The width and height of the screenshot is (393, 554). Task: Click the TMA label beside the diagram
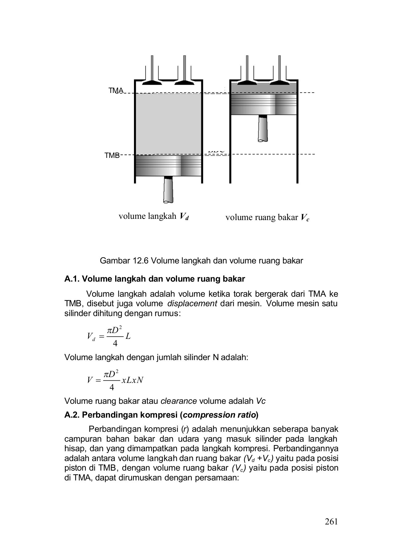pyautogui.click(x=116, y=90)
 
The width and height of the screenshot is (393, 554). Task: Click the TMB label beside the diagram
pyautogui.click(x=112, y=155)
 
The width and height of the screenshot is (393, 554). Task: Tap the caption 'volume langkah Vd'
pyautogui.click(x=153, y=216)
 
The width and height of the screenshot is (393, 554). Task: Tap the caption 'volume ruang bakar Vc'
pyautogui.click(x=267, y=218)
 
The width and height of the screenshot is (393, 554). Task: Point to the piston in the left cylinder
pyautogui.click(x=168, y=166)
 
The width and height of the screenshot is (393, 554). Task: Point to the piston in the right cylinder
pyautogui.click(x=264, y=104)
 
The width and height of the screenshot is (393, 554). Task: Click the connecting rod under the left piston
pyautogui.click(x=168, y=190)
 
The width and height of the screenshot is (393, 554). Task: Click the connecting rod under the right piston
pyautogui.click(x=263, y=128)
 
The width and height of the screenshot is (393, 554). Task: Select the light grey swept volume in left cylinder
pyautogui.click(x=168, y=123)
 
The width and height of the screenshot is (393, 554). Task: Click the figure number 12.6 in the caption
pyautogui.click(x=141, y=261)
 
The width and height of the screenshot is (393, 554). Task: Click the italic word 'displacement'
pyautogui.click(x=192, y=303)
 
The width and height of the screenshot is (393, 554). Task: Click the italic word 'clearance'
pyautogui.click(x=179, y=401)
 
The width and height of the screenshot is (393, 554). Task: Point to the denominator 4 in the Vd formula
pyautogui.click(x=115, y=343)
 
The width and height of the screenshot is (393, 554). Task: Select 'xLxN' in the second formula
pyautogui.click(x=132, y=380)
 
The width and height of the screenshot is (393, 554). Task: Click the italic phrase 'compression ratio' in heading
pyautogui.click(x=219, y=415)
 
